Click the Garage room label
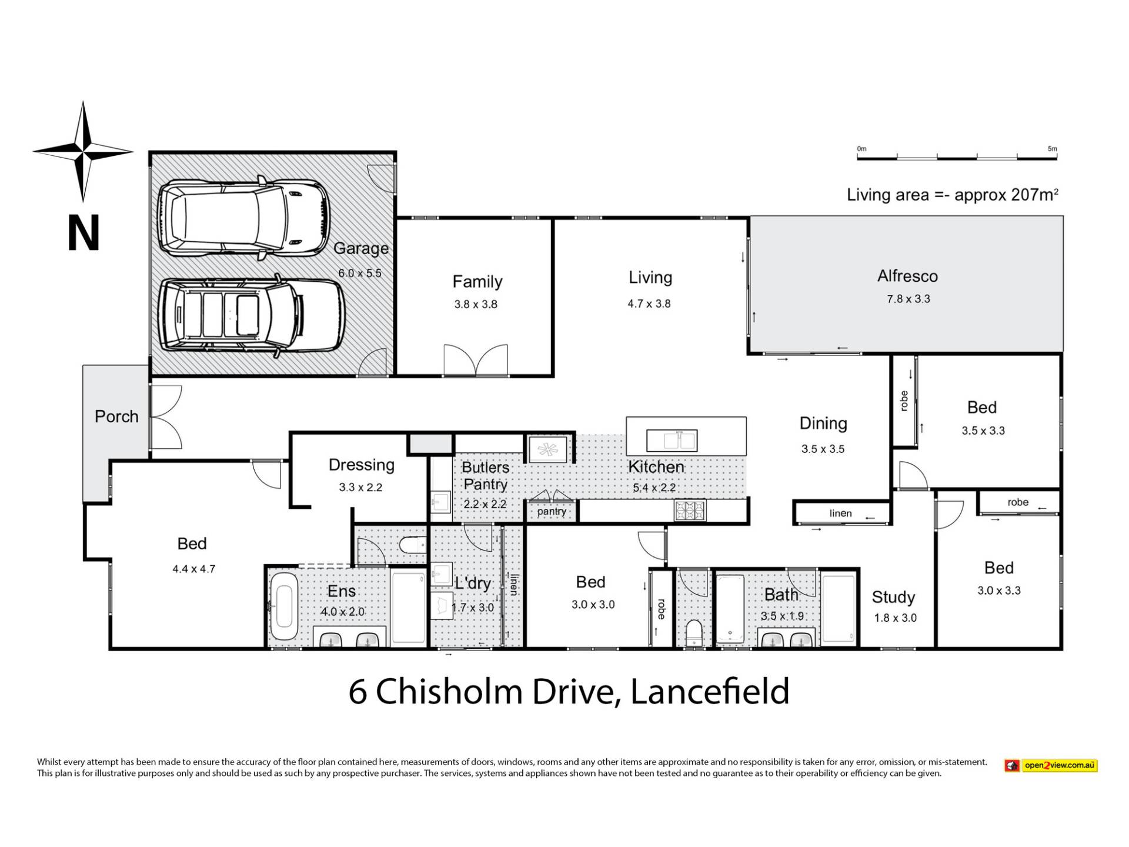pos(360,248)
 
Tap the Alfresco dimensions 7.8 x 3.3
pos(908,299)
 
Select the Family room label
pos(477,282)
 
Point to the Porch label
pos(116,416)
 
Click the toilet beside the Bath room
pos(694,634)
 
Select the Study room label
pos(893,598)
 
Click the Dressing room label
pos(361,465)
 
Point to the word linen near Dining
pos(840,513)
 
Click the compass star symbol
pos(83,151)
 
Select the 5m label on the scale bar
pos(1052,149)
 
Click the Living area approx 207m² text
pos(952,195)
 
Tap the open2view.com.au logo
pos(1051,765)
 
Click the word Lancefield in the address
pos(710,692)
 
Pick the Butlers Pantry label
pos(485,475)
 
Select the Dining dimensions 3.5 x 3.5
pos(823,449)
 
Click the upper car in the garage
pos(243,220)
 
